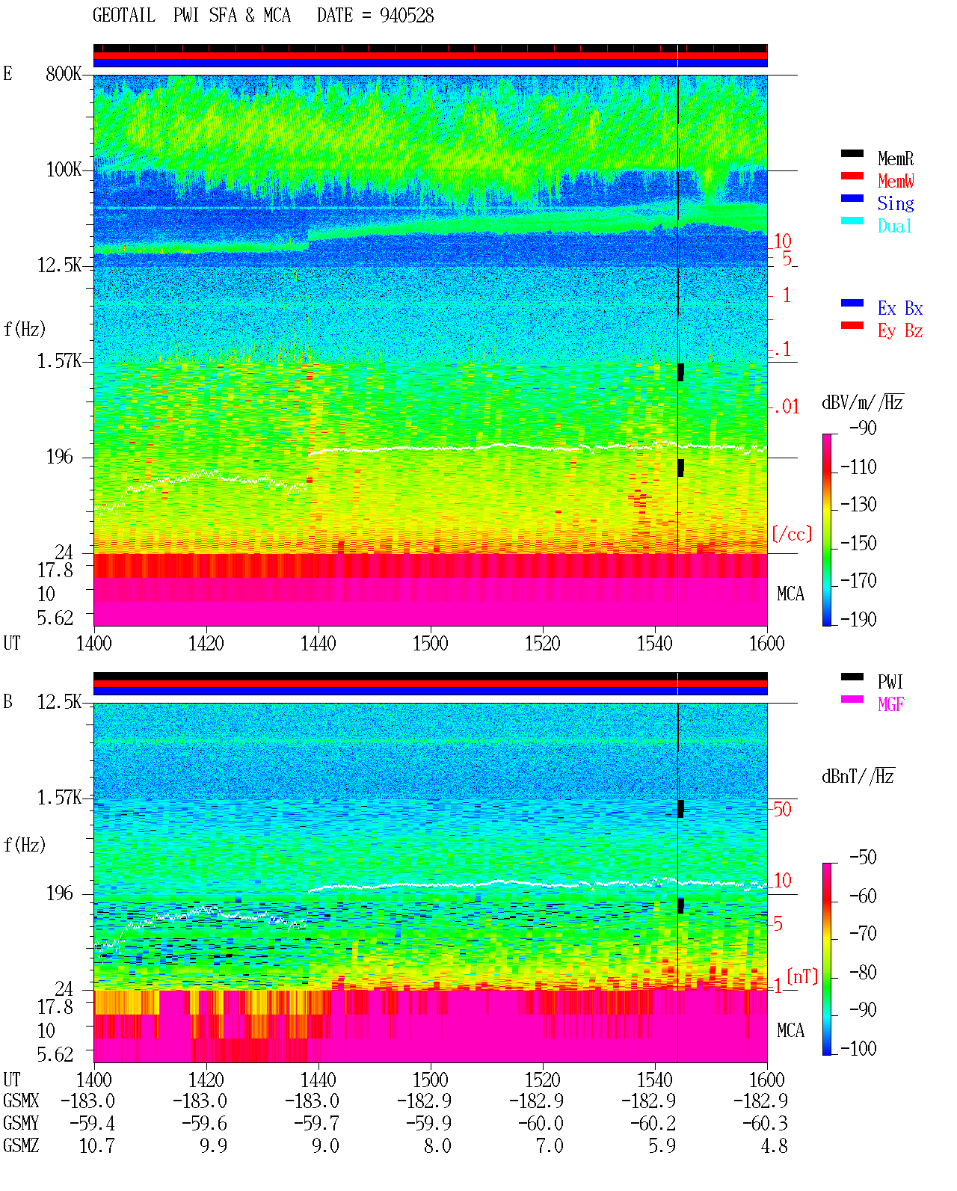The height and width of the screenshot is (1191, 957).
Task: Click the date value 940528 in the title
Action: (x=406, y=16)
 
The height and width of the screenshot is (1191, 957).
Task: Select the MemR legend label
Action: (x=896, y=159)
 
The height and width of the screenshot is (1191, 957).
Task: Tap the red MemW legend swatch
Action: (x=852, y=176)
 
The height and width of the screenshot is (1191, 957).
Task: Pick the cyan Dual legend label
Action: (x=895, y=226)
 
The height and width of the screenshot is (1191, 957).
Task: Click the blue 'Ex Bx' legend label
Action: (x=900, y=308)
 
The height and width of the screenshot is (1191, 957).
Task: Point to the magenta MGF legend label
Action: (x=891, y=704)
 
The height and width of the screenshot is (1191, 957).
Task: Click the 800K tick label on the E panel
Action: (x=63, y=73)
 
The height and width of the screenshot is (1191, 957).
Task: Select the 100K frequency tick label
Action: (x=63, y=170)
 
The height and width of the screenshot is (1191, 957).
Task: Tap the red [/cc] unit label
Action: (x=792, y=534)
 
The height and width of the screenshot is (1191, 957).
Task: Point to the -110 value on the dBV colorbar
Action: (x=858, y=467)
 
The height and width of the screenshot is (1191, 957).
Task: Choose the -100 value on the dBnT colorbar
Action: (x=858, y=1048)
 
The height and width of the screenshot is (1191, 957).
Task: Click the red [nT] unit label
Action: (x=802, y=976)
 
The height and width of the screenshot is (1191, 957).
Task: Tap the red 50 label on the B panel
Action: (x=782, y=810)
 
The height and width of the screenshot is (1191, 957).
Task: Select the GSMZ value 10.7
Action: (x=97, y=1145)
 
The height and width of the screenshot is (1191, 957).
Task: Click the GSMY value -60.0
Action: (x=541, y=1124)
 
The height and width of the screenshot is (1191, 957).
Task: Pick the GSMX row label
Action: (x=21, y=1101)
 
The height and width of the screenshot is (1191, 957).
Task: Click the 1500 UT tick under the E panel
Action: (x=430, y=644)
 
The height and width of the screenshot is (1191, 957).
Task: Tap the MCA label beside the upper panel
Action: (x=790, y=594)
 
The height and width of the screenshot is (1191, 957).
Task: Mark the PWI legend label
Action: (x=890, y=682)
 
